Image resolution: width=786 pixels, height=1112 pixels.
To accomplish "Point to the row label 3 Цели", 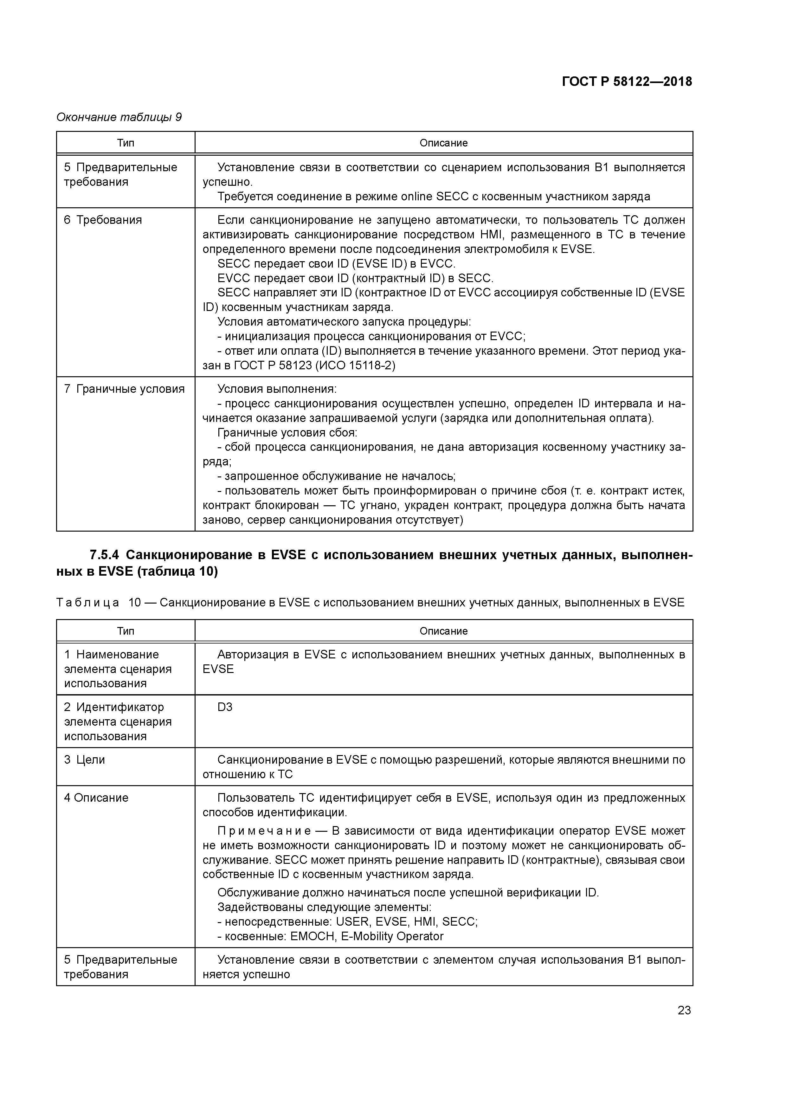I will tap(84, 760).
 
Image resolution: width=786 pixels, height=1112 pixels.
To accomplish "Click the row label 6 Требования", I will tap(103, 220).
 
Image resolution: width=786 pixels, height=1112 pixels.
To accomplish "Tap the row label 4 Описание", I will tap(96, 798).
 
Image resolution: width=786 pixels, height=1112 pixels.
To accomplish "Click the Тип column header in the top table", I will tap(126, 143).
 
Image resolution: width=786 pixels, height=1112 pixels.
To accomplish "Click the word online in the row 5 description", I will tap(416, 197).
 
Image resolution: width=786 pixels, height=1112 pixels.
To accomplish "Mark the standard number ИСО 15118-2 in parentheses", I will tap(355, 366).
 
